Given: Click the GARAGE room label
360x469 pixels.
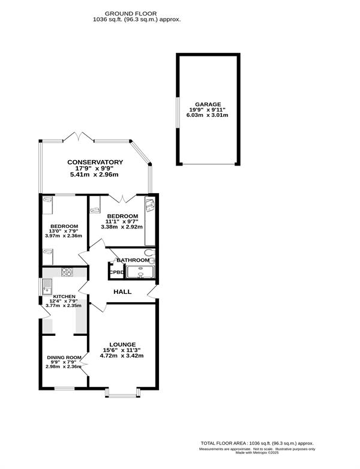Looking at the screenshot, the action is tap(208, 104).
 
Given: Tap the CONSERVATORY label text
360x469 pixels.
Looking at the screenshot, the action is tap(95, 162).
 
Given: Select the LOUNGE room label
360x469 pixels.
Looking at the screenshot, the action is tap(122, 345).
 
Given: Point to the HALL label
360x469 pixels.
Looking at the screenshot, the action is tap(122, 291).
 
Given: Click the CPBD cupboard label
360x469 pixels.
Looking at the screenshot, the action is tap(116, 272).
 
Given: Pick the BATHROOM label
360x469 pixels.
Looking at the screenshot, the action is tap(133, 260).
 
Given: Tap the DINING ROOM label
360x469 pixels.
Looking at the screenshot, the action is tap(64, 357).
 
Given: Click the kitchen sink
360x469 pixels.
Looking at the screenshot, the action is tap(47, 287).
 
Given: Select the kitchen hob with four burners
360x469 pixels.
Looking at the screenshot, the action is tap(67, 272).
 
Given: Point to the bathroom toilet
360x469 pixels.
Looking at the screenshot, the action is tap(149, 252).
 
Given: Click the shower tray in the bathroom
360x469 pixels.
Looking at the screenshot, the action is tap(140, 272).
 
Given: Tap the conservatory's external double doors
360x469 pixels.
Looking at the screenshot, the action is tap(79, 137).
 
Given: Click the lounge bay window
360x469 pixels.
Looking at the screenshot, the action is tap(122, 393).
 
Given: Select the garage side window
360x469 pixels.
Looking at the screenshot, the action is tap(177, 113).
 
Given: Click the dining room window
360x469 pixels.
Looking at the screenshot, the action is tap(64, 389).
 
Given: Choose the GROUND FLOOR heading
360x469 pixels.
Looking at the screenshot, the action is tap(130, 14).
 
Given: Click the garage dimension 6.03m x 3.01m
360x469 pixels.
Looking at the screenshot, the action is tap(208, 115).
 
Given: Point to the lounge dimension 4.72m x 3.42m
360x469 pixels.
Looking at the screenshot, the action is tap(122, 356).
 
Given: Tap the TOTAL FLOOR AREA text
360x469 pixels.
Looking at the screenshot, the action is tap(257, 443).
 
